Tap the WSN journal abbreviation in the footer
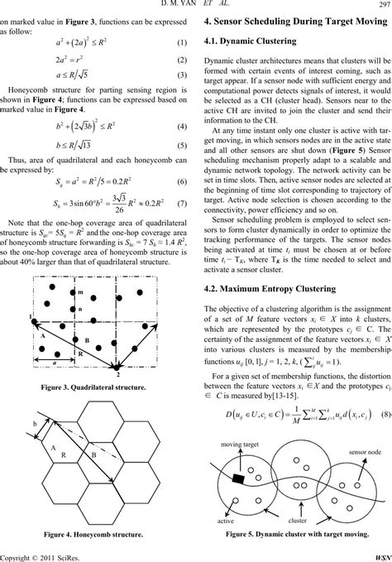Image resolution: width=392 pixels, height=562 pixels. coord(380,555)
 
